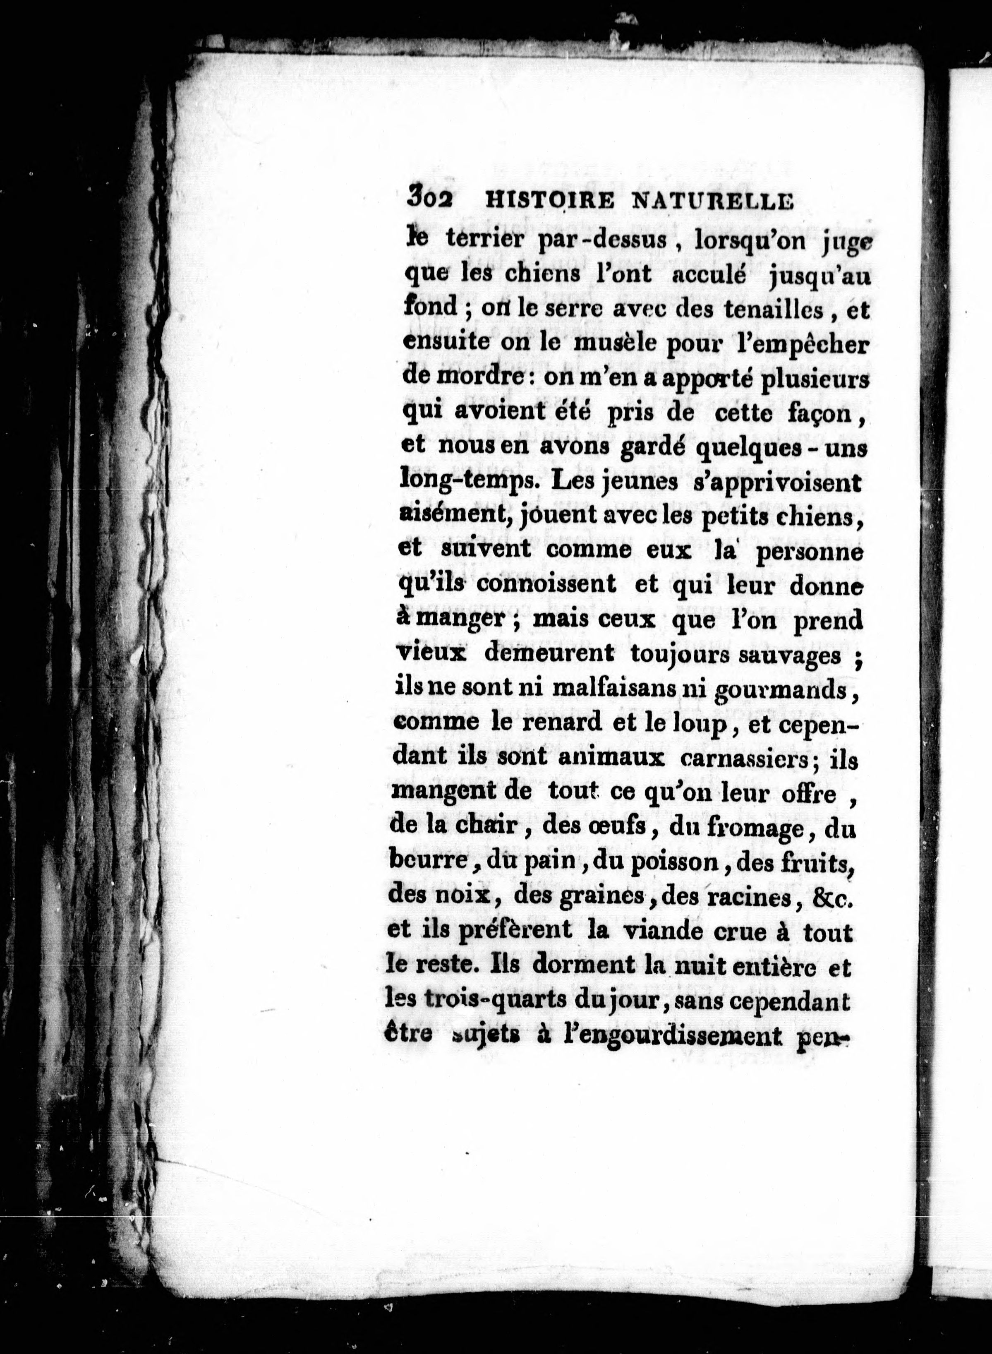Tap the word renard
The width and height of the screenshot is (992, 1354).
point(562,723)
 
